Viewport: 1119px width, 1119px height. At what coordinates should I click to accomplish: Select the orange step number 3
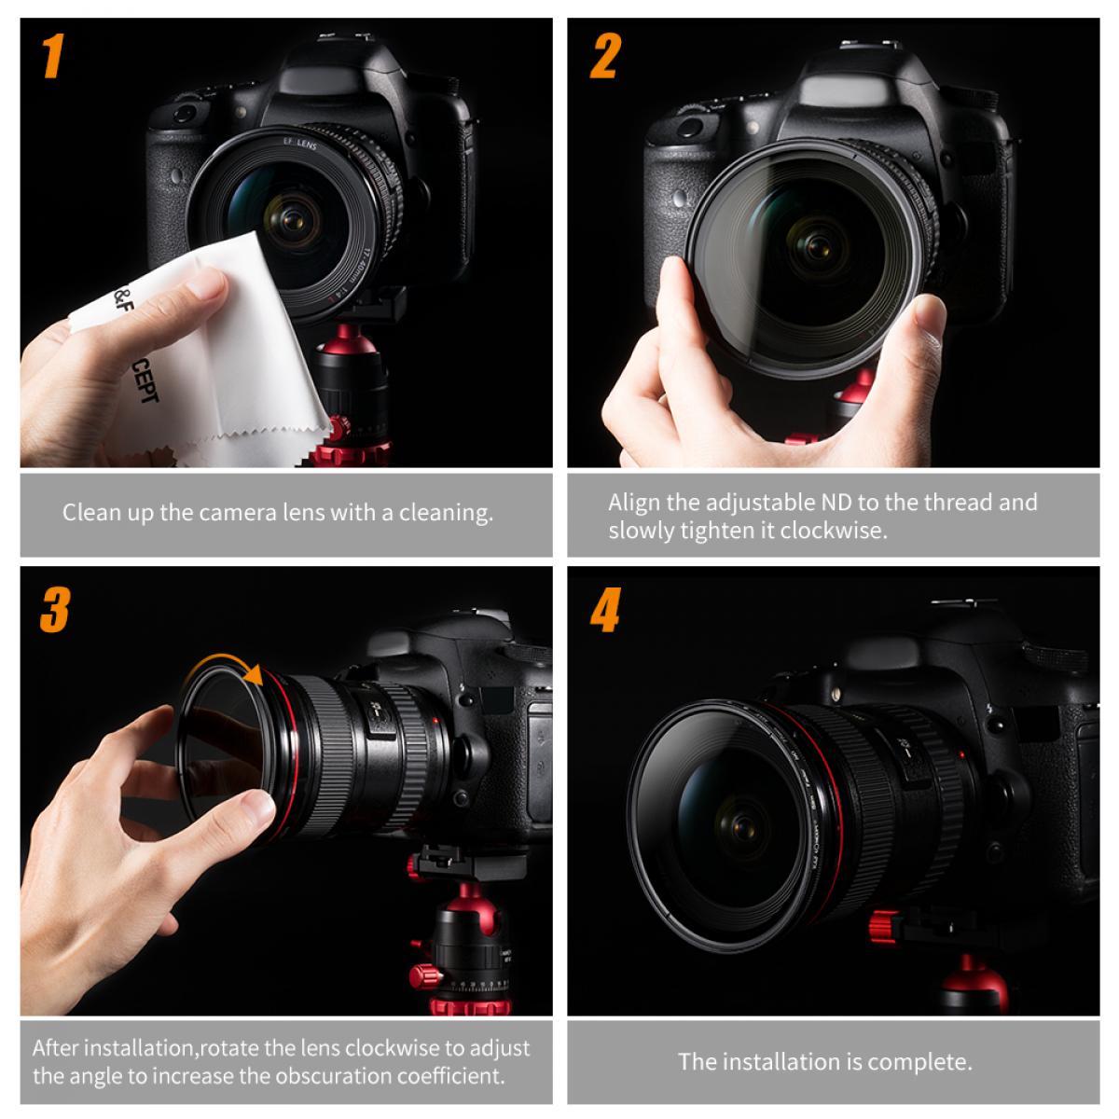[x=54, y=610]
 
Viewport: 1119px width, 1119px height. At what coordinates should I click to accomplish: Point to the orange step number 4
[x=605, y=611]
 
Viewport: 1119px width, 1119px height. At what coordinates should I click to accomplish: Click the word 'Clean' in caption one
[x=90, y=513]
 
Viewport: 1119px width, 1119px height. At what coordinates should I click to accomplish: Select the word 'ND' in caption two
[x=836, y=503]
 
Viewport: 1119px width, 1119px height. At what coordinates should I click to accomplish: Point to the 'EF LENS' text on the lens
[x=299, y=145]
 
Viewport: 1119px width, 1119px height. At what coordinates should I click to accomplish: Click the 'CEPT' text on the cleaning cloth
[x=145, y=383]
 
